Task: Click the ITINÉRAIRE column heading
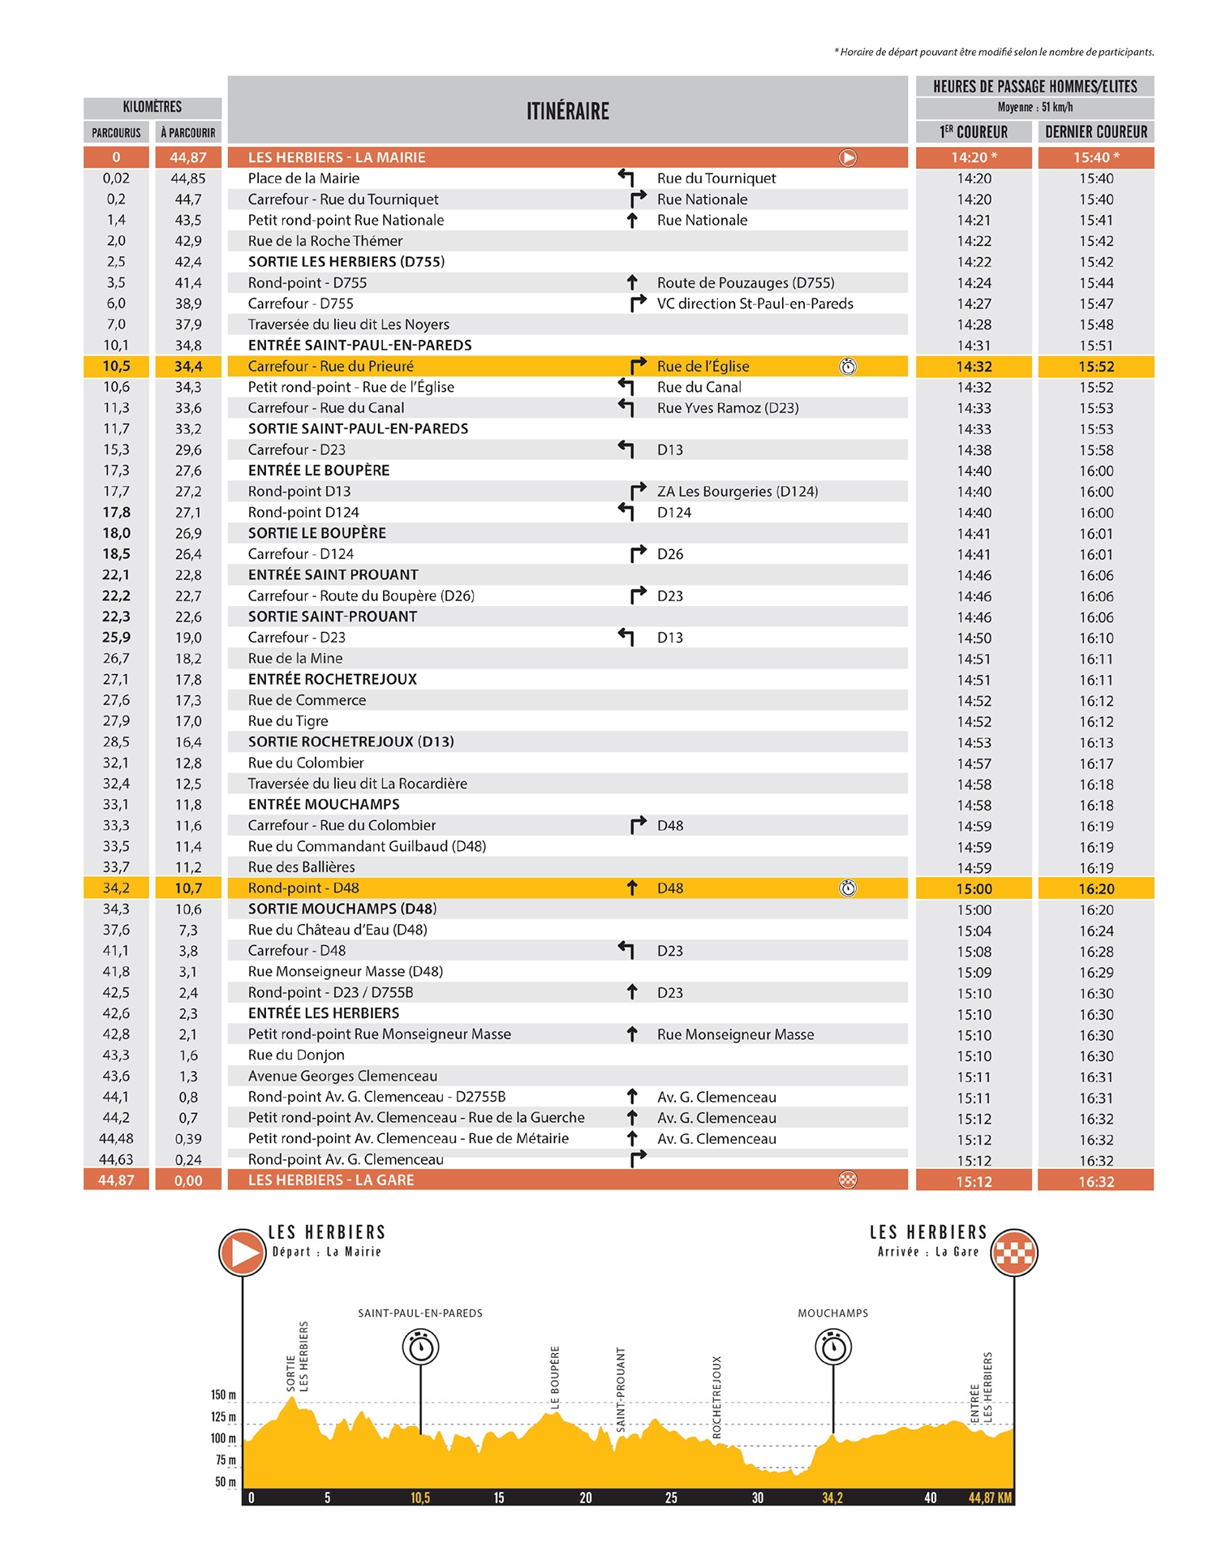point(567,111)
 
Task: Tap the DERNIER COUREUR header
point(1095,132)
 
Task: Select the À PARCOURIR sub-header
point(187,133)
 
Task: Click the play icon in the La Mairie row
point(848,157)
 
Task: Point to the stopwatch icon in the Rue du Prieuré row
point(848,367)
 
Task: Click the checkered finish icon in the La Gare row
point(848,1180)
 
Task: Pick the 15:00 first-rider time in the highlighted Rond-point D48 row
point(974,889)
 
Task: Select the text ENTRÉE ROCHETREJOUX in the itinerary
point(332,679)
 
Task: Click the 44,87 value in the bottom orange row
point(116,1180)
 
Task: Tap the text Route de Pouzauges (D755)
point(746,282)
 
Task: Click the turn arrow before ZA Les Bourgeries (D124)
point(639,491)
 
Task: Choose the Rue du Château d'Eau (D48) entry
point(338,930)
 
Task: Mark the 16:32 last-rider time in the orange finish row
point(1096,1182)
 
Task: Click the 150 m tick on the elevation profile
point(223,1395)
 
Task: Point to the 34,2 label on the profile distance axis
point(832,1498)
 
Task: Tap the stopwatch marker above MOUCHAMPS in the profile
point(833,1347)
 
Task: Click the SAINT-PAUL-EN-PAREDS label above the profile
point(420,1313)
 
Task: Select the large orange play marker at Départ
point(243,1253)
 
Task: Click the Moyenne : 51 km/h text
point(1034,107)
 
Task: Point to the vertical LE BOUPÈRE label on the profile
point(556,1377)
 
